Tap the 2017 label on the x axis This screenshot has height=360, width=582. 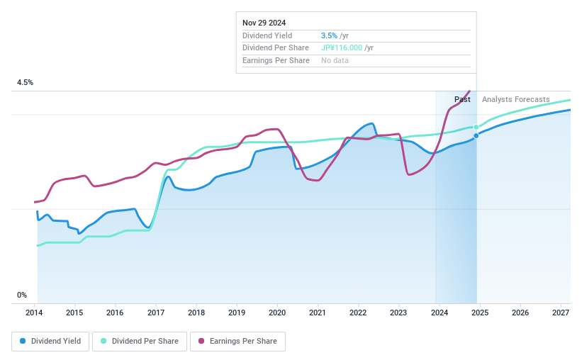point(156,313)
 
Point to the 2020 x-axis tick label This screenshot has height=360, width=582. point(277,313)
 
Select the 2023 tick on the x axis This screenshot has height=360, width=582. point(398,313)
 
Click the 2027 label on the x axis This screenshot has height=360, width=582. point(560,313)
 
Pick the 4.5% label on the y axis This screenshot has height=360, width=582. point(25,83)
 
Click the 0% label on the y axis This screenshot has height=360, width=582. point(22,295)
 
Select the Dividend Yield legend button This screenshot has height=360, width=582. point(50,341)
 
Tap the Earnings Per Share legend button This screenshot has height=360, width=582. point(237,341)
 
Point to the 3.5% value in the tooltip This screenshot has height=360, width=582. point(329,35)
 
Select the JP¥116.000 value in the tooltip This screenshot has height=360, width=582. point(342,48)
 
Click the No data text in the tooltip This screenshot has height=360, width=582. point(335,61)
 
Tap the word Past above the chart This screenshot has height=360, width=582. point(462,99)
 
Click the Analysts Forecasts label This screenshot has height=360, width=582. point(515,99)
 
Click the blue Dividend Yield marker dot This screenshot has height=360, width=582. point(476,135)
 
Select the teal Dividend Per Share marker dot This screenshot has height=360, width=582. point(476,127)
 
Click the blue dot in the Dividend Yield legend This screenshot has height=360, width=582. point(23,341)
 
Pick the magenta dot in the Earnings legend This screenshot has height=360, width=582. point(201,341)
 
